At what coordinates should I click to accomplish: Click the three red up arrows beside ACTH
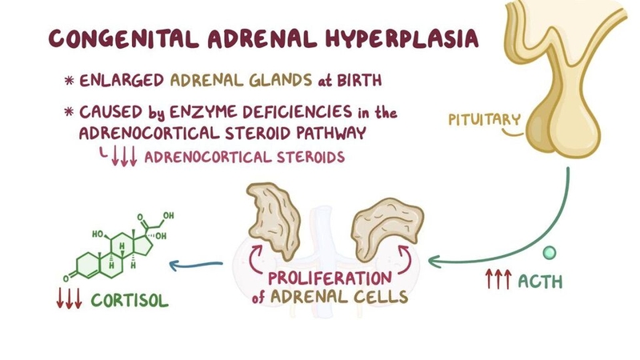tap(498, 281)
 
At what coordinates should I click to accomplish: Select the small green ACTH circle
tap(549, 253)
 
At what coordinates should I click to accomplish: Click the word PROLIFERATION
tap(330, 281)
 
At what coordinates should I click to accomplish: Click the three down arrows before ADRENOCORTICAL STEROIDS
tap(126, 157)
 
